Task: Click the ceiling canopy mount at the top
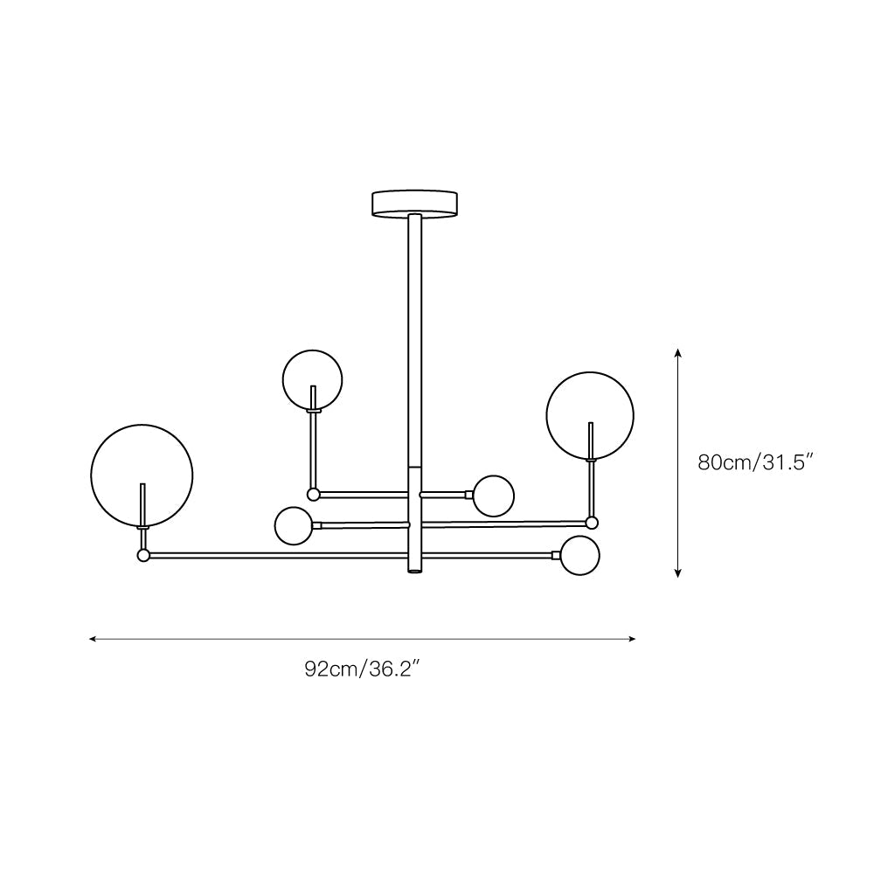414,203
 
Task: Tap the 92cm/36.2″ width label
362,669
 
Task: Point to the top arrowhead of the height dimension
678,352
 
